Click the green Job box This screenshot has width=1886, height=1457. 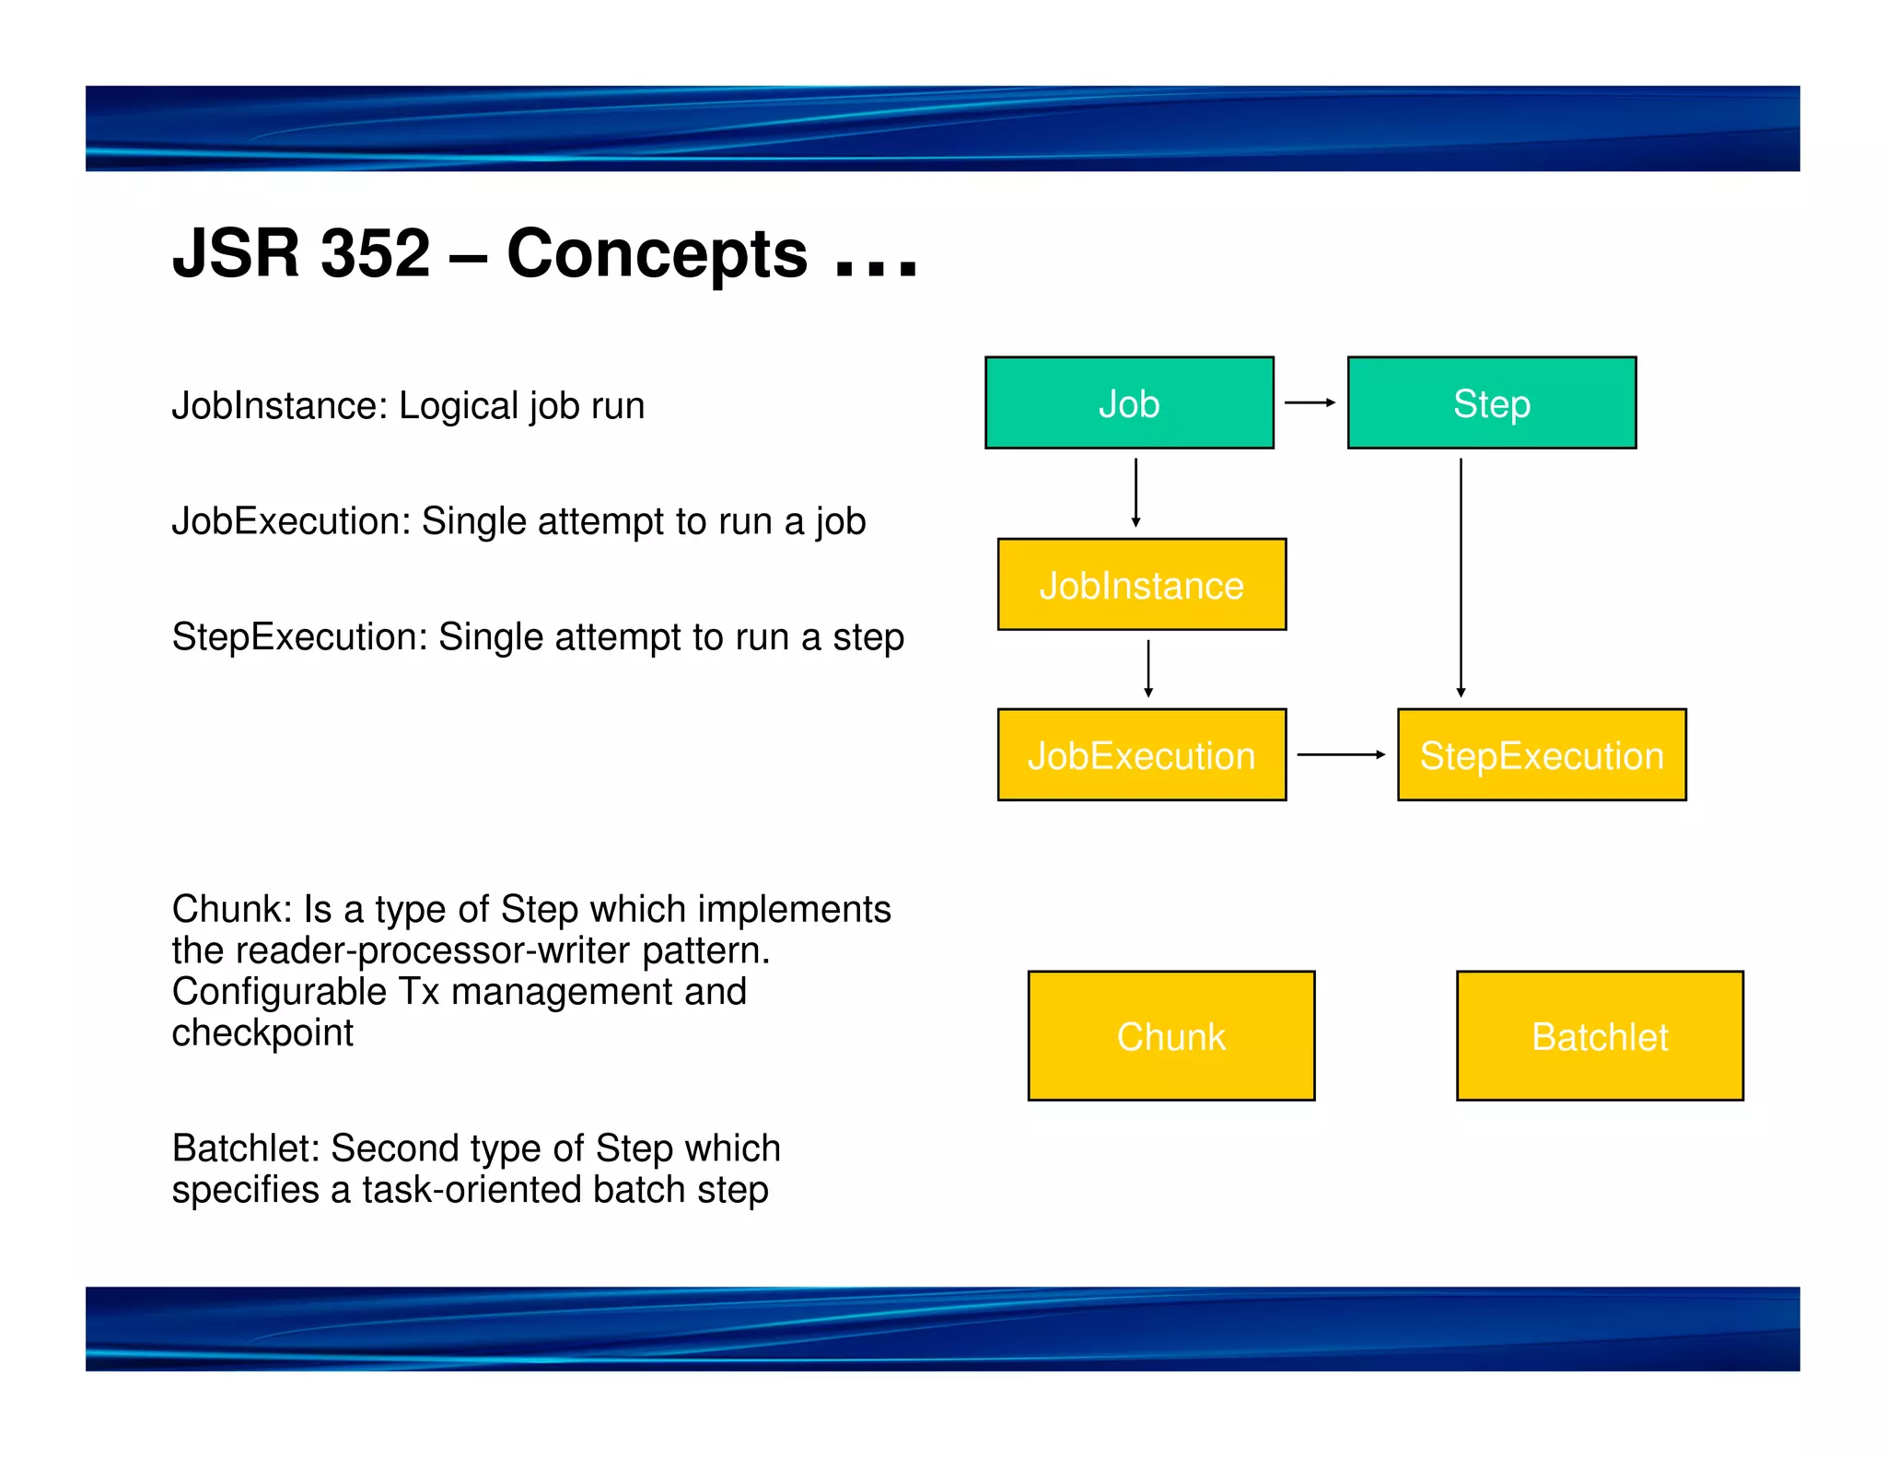tap(1129, 403)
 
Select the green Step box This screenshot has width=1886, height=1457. tap(1491, 403)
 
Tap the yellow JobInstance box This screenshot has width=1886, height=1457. tap(1141, 585)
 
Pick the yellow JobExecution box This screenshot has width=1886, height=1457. tap(1141, 755)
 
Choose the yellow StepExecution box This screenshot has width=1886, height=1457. tap(1541, 755)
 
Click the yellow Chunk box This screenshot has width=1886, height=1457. tap(1170, 1035)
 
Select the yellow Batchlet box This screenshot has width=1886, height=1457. tap(1599, 1035)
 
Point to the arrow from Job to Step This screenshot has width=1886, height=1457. tap(1310, 402)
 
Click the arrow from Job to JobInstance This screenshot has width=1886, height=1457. tap(1135, 493)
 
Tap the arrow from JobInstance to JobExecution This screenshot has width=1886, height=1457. tap(1147, 669)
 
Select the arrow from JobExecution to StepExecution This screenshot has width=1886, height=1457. tap(1341, 754)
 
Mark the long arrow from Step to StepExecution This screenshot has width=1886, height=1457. tap(1461, 577)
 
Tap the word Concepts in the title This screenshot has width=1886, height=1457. tap(657, 253)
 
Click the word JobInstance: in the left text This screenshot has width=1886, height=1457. tap(280, 406)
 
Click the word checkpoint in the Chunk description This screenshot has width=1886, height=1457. tap(262, 1033)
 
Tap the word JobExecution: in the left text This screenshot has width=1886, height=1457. tap(291, 521)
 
